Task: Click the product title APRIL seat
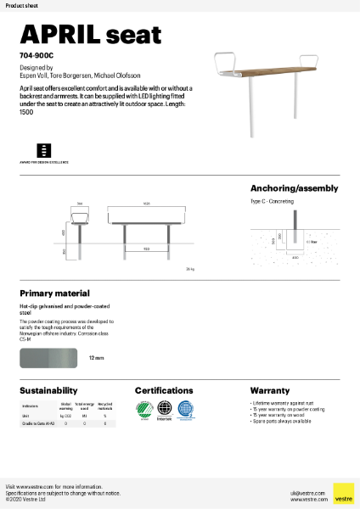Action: click(90, 34)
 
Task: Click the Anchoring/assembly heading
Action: click(294, 188)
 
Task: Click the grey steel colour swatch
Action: click(48, 359)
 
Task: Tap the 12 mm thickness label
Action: click(96, 359)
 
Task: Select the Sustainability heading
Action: click(49, 390)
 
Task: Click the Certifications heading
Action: click(170, 390)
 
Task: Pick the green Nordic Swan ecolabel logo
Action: click(144, 410)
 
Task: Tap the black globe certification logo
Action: click(165, 409)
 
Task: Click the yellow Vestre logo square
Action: click(343, 493)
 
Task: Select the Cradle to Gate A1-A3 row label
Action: click(39, 422)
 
